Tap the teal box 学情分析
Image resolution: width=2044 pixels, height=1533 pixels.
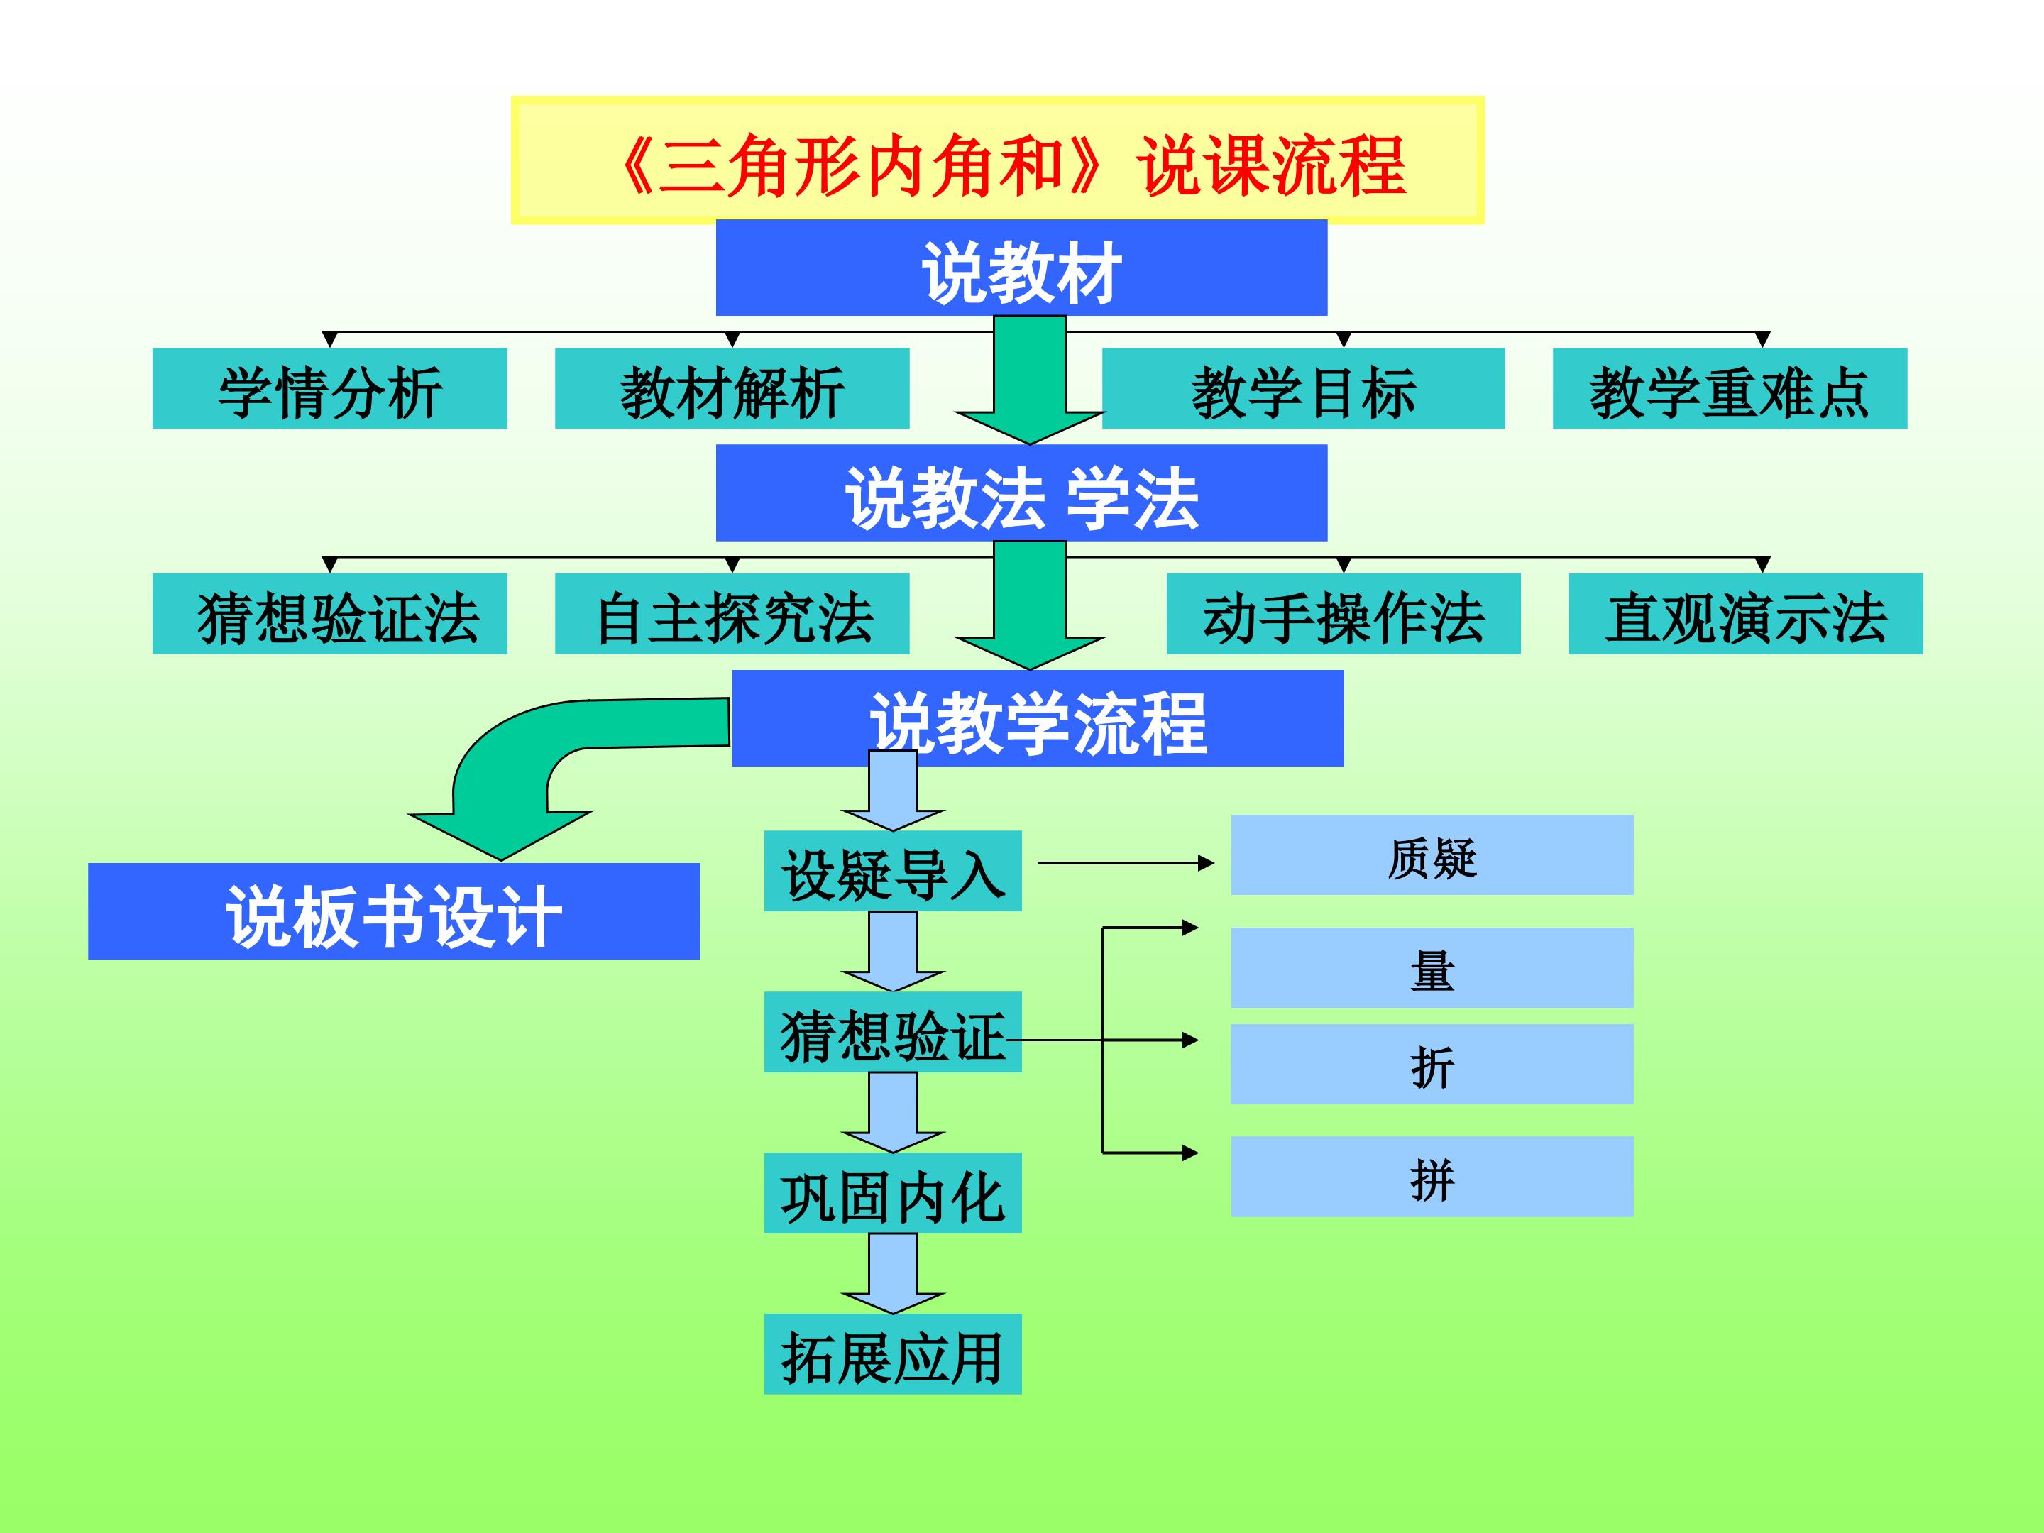329,388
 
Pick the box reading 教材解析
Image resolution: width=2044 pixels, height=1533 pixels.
731,388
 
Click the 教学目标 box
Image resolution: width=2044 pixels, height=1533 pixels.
1303,388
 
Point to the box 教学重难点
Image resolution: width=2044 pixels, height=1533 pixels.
1729,388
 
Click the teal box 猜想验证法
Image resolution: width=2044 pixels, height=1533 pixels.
329,614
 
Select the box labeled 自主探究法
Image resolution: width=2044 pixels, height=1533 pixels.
731,614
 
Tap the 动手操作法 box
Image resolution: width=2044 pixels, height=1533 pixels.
1343,614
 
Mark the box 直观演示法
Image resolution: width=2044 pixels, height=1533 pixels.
1745,614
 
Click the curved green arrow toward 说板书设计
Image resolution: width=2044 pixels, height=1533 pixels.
517,767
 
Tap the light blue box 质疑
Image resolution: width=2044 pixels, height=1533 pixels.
1432,855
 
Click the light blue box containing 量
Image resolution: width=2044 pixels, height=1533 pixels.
1432,967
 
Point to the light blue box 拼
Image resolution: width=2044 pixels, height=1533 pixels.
1432,1176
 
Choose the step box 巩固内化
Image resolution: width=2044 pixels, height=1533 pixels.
893,1193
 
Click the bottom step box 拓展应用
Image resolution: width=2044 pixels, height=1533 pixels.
893,1353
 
